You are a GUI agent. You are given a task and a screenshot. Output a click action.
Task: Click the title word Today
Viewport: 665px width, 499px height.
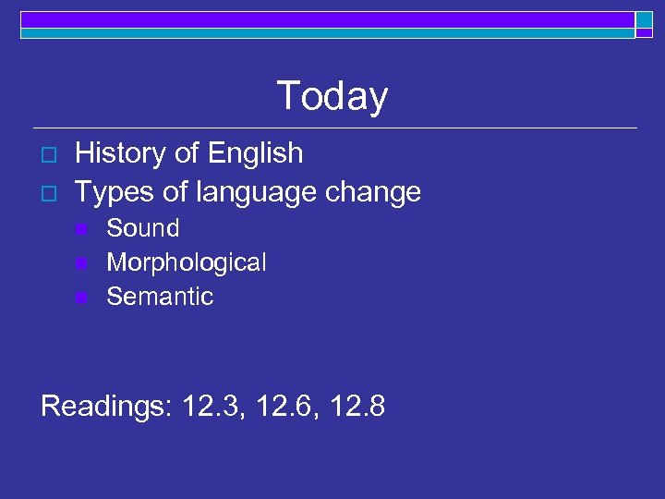click(x=332, y=96)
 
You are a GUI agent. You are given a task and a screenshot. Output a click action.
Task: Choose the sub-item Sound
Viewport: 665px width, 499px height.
click(x=143, y=228)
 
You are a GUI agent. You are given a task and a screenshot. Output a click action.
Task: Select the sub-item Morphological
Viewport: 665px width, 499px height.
click(x=187, y=262)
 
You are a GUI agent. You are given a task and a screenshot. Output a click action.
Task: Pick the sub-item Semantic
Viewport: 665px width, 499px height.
click(x=160, y=297)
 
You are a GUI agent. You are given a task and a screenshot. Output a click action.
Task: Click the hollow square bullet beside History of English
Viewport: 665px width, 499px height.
click(x=49, y=153)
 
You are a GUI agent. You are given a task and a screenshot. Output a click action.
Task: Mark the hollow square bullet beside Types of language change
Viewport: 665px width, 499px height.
click(x=49, y=193)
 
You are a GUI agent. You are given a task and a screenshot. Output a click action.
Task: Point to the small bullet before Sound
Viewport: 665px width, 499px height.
click(x=81, y=229)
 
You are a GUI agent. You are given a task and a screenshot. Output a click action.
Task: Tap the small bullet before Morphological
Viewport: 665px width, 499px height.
click(x=81, y=263)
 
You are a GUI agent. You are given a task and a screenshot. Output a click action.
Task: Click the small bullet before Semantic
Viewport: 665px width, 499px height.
click(x=81, y=298)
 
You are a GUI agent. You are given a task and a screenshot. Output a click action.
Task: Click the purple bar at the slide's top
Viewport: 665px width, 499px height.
click(x=323, y=19)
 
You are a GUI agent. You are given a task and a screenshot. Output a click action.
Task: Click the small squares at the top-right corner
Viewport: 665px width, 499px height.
click(x=644, y=24)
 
